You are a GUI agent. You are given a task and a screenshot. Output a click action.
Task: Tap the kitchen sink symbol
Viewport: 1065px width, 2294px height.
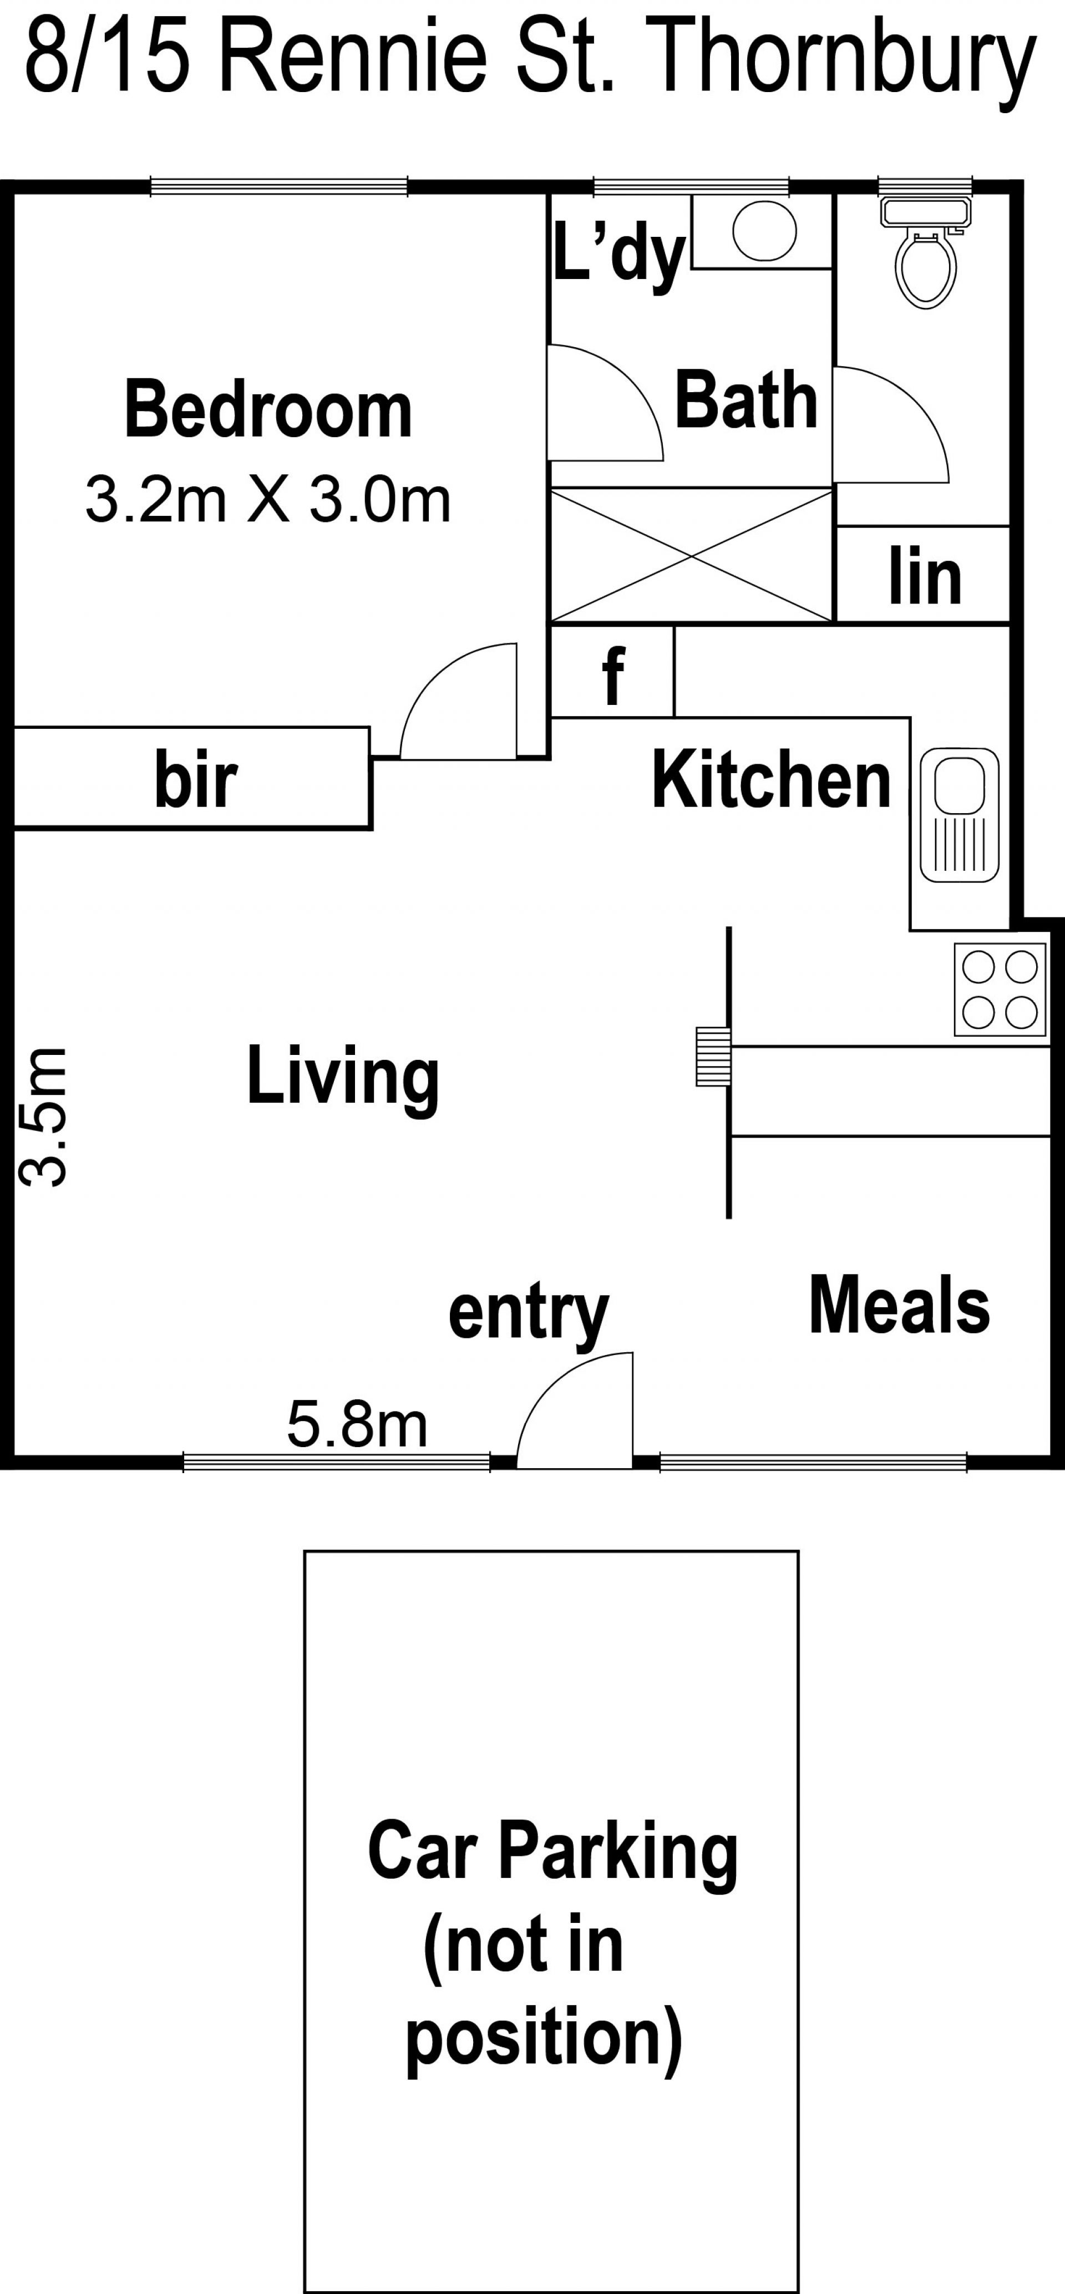coord(959,815)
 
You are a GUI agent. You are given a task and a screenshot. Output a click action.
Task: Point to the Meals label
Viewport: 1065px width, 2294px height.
coord(899,1306)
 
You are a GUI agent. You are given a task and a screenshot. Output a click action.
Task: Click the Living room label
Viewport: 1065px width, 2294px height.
coord(343,1078)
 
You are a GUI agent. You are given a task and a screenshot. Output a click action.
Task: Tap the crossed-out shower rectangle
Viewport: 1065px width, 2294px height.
coord(692,554)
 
